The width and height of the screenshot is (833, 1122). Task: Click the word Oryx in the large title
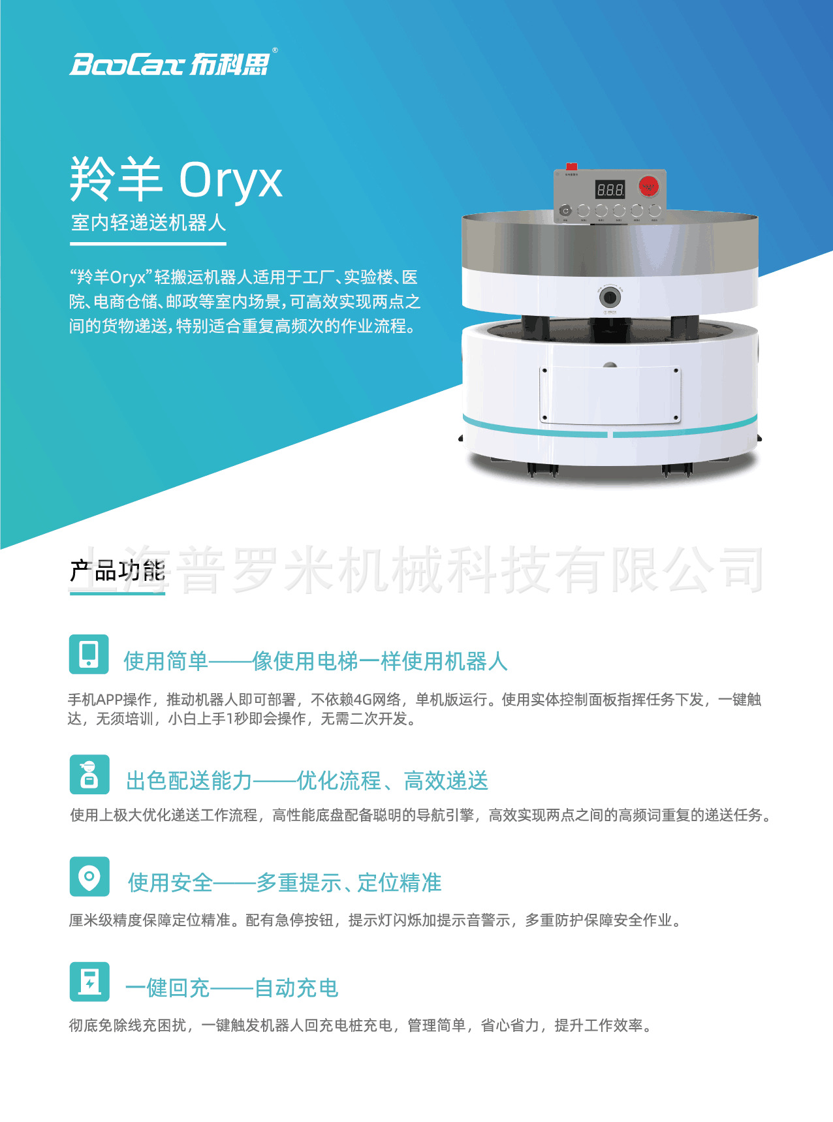230,179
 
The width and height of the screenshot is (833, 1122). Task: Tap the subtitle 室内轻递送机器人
148,223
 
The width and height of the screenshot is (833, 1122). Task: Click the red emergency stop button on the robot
648,187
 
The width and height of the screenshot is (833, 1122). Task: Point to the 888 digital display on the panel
610,190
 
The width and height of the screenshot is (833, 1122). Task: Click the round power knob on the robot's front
610,298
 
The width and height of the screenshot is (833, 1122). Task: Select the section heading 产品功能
118,571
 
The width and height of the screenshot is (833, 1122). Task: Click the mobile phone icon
89,654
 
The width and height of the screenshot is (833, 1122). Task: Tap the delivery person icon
89,775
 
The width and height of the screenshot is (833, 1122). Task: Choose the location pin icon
89,877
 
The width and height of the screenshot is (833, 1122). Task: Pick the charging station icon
89,982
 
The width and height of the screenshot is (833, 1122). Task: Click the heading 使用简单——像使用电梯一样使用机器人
315,661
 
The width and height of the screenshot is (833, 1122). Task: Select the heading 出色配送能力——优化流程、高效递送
307,781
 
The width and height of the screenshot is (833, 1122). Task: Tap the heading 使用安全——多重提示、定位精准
285,882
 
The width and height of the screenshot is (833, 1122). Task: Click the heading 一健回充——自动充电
232,988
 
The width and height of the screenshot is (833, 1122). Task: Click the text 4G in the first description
362,700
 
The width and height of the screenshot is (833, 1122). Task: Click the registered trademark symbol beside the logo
275,50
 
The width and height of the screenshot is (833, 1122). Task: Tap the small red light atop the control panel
571,166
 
